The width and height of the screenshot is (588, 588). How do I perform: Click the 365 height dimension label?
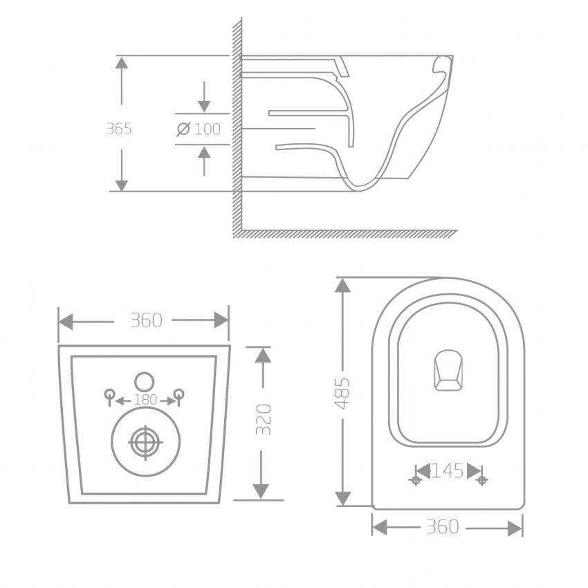[119, 129]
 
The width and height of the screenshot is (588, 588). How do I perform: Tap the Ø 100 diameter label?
[199, 129]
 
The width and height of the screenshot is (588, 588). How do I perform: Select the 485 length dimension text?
[342, 394]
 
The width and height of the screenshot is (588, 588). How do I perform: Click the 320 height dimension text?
[264, 419]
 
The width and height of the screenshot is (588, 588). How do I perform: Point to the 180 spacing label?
[145, 400]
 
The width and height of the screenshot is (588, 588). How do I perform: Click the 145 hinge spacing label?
[448, 471]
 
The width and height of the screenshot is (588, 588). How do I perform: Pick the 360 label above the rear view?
[146, 320]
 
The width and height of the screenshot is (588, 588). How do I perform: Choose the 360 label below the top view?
[443, 527]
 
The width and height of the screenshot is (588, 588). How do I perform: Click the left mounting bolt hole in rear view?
[109, 394]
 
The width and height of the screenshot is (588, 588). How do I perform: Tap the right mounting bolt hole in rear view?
[178, 394]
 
